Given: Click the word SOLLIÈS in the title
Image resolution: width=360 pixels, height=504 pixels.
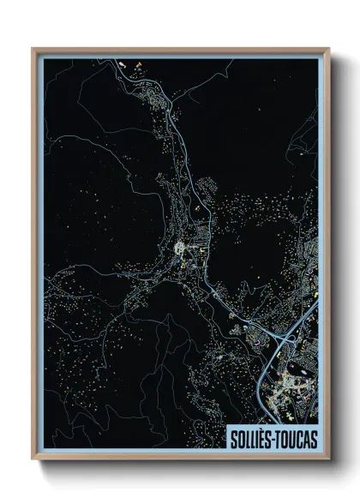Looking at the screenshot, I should point(252,438).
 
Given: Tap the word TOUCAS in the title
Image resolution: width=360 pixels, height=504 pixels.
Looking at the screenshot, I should point(297,438).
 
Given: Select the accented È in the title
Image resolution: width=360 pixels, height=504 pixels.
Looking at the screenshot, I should point(264,438).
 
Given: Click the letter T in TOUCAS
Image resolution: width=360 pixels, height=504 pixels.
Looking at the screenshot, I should point(281,438).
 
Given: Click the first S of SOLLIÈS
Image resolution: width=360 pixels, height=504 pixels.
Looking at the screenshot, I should point(233,438).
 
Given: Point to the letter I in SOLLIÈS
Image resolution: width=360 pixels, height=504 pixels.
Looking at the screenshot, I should point(259,438).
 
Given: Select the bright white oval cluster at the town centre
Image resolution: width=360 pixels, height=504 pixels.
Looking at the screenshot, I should point(181,249).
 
